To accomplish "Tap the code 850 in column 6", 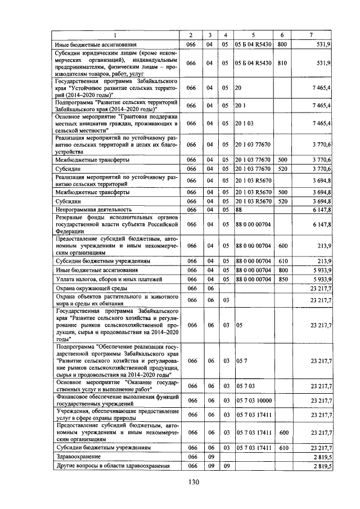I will click(282, 279).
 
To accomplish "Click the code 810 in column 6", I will click(282, 63).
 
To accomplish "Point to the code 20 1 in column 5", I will click(240, 105).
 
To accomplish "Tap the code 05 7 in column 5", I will click(240, 361).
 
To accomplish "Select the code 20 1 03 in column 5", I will click(244, 123).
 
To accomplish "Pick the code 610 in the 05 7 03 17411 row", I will click(282, 448).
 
